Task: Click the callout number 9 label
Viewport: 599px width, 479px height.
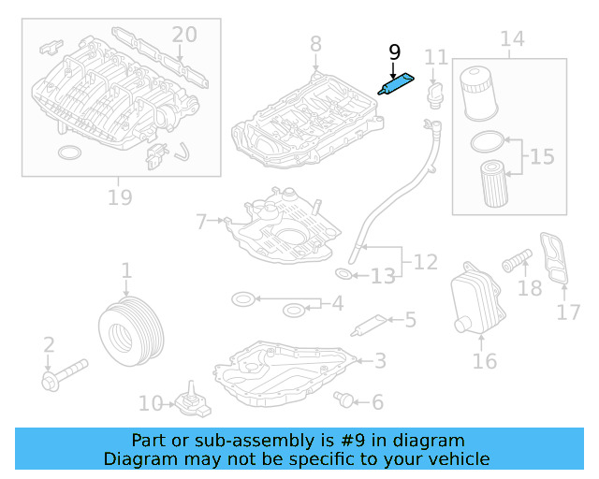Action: click(x=394, y=54)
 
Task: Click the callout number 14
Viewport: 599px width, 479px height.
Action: click(x=512, y=39)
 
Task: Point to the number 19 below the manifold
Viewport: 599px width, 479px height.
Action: click(x=120, y=197)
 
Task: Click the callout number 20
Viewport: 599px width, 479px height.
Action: click(x=184, y=35)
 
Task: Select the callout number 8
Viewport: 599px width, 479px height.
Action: click(x=315, y=43)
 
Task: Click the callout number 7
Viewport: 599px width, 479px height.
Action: click(x=200, y=222)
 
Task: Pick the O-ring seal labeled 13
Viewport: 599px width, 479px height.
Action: click(x=343, y=274)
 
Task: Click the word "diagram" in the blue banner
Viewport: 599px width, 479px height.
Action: click(x=433, y=441)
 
